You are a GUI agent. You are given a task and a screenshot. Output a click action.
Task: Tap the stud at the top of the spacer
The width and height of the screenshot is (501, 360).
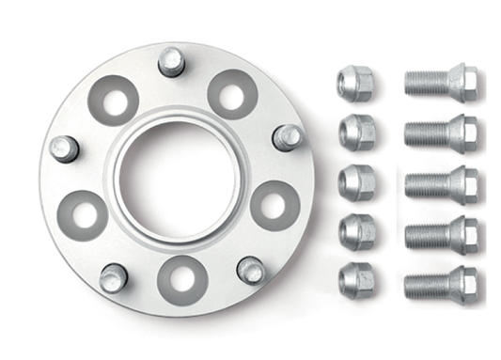(x=171, y=62)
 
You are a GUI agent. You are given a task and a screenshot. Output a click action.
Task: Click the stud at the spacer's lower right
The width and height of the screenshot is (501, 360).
(x=250, y=271)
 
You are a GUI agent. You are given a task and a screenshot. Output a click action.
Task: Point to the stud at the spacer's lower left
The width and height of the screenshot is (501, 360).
(x=113, y=277)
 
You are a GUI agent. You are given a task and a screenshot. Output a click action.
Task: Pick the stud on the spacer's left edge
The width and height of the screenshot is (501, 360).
(x=63, y=149)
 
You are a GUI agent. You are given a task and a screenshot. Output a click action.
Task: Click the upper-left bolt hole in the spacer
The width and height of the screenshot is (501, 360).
(x=114, y=100)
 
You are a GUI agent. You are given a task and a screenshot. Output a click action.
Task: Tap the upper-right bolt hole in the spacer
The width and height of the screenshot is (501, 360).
(x=232, y=93)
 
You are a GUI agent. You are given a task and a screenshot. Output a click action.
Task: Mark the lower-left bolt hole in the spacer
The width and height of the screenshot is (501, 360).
(x=83, y=214)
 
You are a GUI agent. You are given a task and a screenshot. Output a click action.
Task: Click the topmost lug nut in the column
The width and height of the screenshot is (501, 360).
(x=354, y=83)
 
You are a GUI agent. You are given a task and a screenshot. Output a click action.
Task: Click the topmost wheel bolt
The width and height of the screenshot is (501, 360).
(x=440, y=83)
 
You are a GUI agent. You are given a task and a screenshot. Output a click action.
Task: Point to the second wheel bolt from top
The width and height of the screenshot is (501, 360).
(x=440, y=133)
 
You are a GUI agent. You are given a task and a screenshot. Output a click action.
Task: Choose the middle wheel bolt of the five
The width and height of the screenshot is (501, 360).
(x=440, y=183)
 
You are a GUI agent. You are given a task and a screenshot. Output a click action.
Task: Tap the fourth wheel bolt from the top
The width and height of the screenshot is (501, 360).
(x=440, y=233)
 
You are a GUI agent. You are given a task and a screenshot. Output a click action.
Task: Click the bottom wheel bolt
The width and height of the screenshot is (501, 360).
(x=440, y=283)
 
